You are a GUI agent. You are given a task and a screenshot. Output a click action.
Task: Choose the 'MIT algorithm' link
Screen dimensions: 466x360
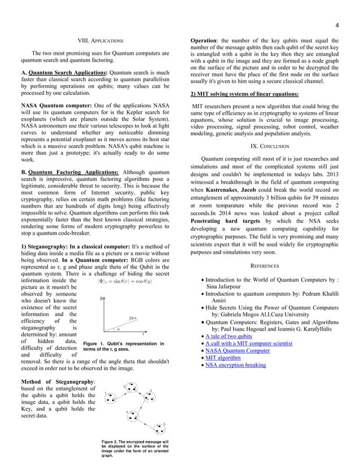223,358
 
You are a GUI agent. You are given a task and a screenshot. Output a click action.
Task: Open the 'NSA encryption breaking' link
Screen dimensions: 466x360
236,365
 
